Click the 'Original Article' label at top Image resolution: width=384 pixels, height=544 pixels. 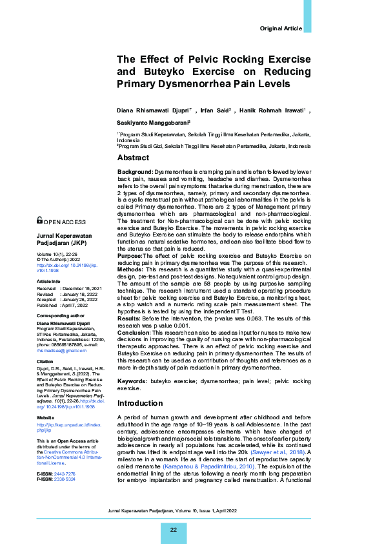tap(280, 29)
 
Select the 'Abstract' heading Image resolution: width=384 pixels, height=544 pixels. tap(133, 158)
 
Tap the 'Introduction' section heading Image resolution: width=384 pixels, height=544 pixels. tap(140, 403)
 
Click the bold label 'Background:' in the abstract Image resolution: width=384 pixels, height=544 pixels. tap(135, 171)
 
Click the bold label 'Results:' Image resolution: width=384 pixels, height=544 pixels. tap(130, 319)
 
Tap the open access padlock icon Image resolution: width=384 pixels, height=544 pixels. tap(40, 220)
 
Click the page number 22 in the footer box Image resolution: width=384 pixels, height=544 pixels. tap(174, 530)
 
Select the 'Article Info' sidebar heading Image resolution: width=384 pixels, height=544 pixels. tap(49, 282)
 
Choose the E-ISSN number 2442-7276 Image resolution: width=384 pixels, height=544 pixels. tap(65, 474)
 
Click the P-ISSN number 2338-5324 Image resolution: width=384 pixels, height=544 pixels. tap(65, 479)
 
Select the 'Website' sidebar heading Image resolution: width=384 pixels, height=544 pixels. tap(45, 418)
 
